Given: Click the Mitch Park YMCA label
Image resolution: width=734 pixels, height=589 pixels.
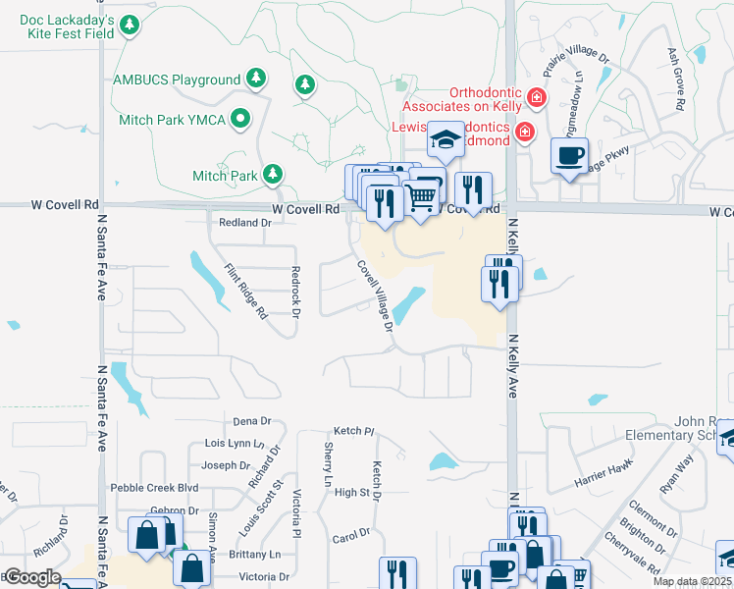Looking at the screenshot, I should tap(172, 120).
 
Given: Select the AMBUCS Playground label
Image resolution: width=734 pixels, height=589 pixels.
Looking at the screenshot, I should tap(177, 80).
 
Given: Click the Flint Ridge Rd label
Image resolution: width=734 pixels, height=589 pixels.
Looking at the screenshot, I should tap(246, 292).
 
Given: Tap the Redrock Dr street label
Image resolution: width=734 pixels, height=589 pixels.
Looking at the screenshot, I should tap(294, 293).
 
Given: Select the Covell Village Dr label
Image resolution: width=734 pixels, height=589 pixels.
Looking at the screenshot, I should tap(376, 294).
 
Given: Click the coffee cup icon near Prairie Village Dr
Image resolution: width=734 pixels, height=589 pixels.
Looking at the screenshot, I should tap(570, 154).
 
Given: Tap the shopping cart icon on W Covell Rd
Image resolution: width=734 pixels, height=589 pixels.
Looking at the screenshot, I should tap(421, 196).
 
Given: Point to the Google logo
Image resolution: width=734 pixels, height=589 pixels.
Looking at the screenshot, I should tap(31, 577).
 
